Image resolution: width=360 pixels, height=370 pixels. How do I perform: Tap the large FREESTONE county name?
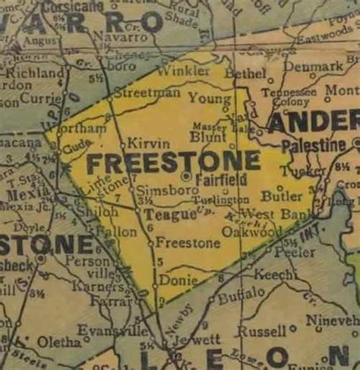pos(173,163)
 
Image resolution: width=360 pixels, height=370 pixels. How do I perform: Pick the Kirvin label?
pos(144,144)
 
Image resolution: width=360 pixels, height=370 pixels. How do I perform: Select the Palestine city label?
pos(313,145)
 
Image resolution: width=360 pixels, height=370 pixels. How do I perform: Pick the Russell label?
pos(261,331)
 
